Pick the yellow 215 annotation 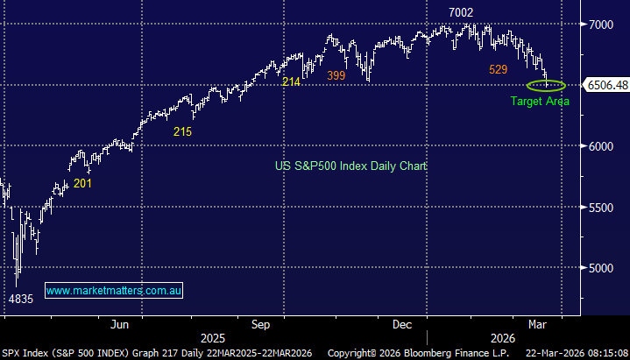[181, 131]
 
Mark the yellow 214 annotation [291, 81]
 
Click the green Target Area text [540, 102]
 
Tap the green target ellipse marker [546, 85]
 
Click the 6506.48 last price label [607, 85]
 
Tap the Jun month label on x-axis [120, 324]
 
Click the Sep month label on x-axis [260, 324]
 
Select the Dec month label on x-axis [402, 324]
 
